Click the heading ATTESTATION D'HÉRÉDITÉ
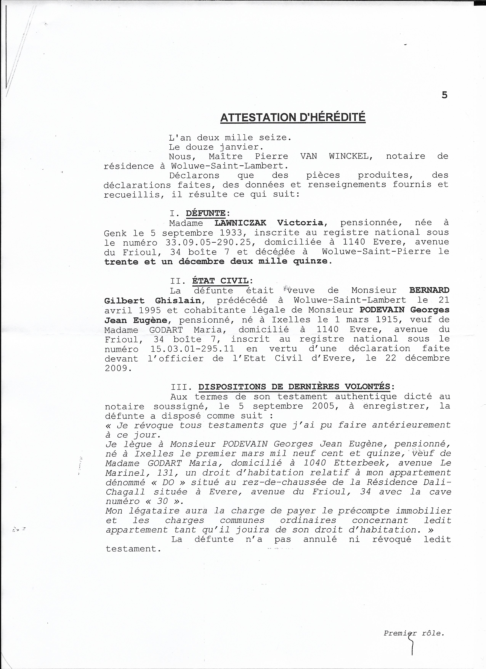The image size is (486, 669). coord(293,117)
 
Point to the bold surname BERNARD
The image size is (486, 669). coord(429,290)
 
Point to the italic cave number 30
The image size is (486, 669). coord(162,501)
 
